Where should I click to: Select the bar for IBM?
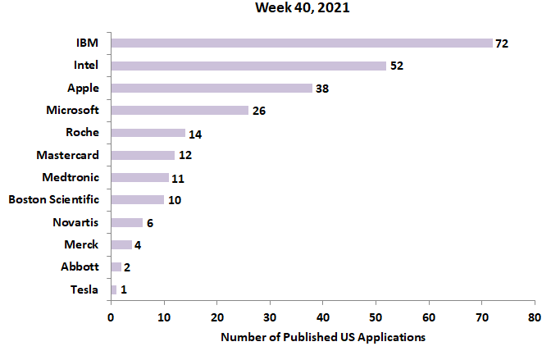[302, 43]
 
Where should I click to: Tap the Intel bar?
[248, 66]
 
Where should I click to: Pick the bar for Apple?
[212, 88]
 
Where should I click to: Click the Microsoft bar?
[180, 110]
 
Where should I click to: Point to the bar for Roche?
[148, 132]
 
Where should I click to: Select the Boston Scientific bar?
[138, 199]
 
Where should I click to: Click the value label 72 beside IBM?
[502, 43]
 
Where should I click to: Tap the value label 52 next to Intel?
[396, 66]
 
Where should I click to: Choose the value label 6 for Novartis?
[149, 222]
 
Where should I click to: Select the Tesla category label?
[84, 289]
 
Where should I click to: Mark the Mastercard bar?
[143, 155]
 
